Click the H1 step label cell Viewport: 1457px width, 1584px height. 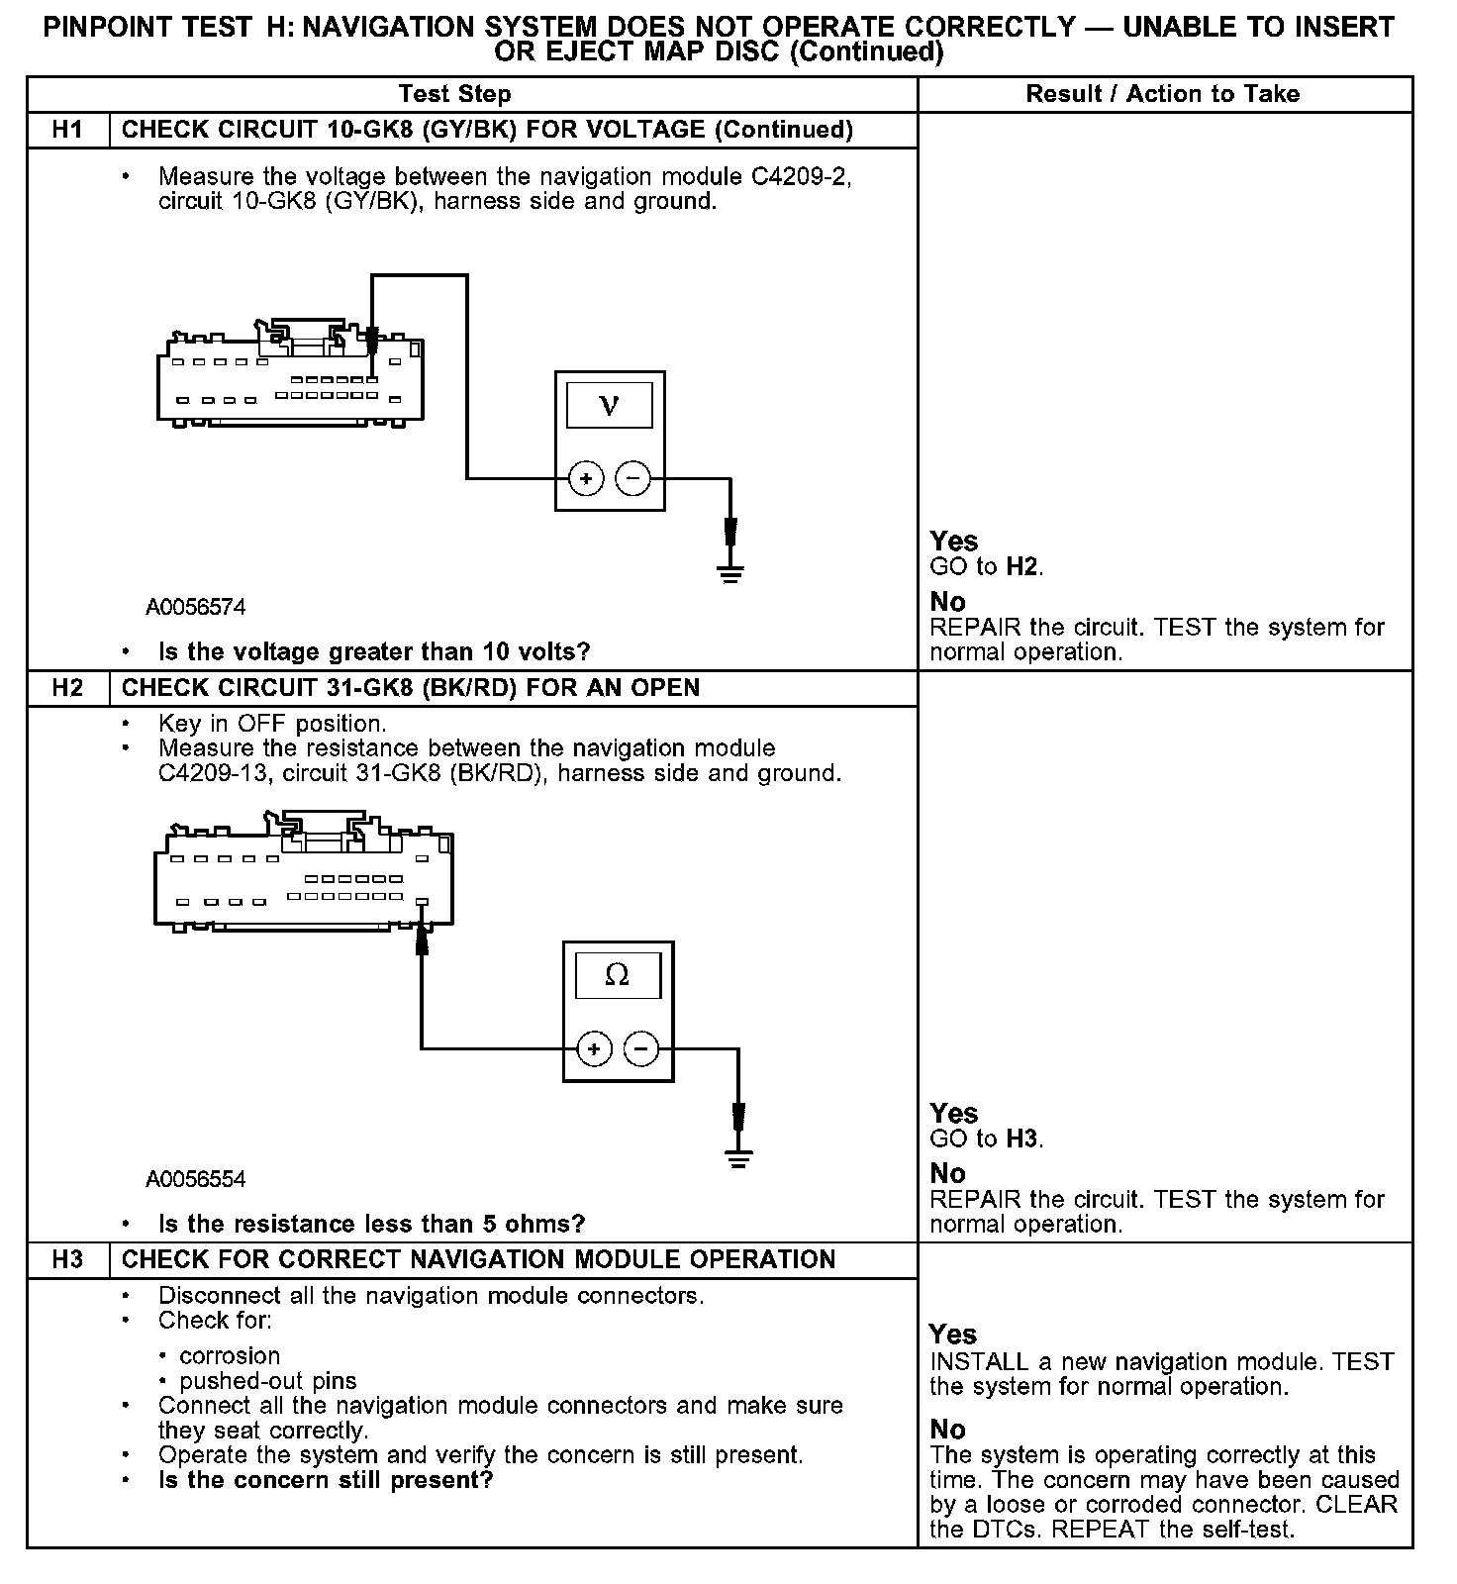[x=67, y=130]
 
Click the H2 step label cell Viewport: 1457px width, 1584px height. [x=67, y=688]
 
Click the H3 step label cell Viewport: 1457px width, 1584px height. [x=67, y=1259]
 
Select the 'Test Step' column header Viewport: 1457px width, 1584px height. [x=454, y=94]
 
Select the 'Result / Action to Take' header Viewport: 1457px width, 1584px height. [x=1163, y=94]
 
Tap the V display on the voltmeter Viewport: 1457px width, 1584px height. [x=610, y=405]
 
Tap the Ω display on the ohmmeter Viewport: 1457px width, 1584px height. [x=617, y=975]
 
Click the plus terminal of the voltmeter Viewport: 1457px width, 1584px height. [x=586, y=479]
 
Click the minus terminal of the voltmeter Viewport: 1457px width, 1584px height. [x=633, y=479]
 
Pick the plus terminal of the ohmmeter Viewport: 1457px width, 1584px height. [x=594, y=1048]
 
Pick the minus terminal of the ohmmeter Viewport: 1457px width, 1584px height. [x=642, y=1048]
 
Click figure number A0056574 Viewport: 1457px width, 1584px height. [x=196, y=607]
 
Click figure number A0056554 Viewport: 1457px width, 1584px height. [x=196, y=1179]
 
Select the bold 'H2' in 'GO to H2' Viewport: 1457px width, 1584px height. [x=1022, y=567]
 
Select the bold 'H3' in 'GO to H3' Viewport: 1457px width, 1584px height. [x=1022, y=1139]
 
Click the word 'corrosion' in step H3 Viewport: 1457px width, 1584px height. [x=230, y=1355]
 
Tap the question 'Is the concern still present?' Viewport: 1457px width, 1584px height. [x=326, y=1480]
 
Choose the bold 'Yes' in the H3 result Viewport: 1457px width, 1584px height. [x=953, y=1335]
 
